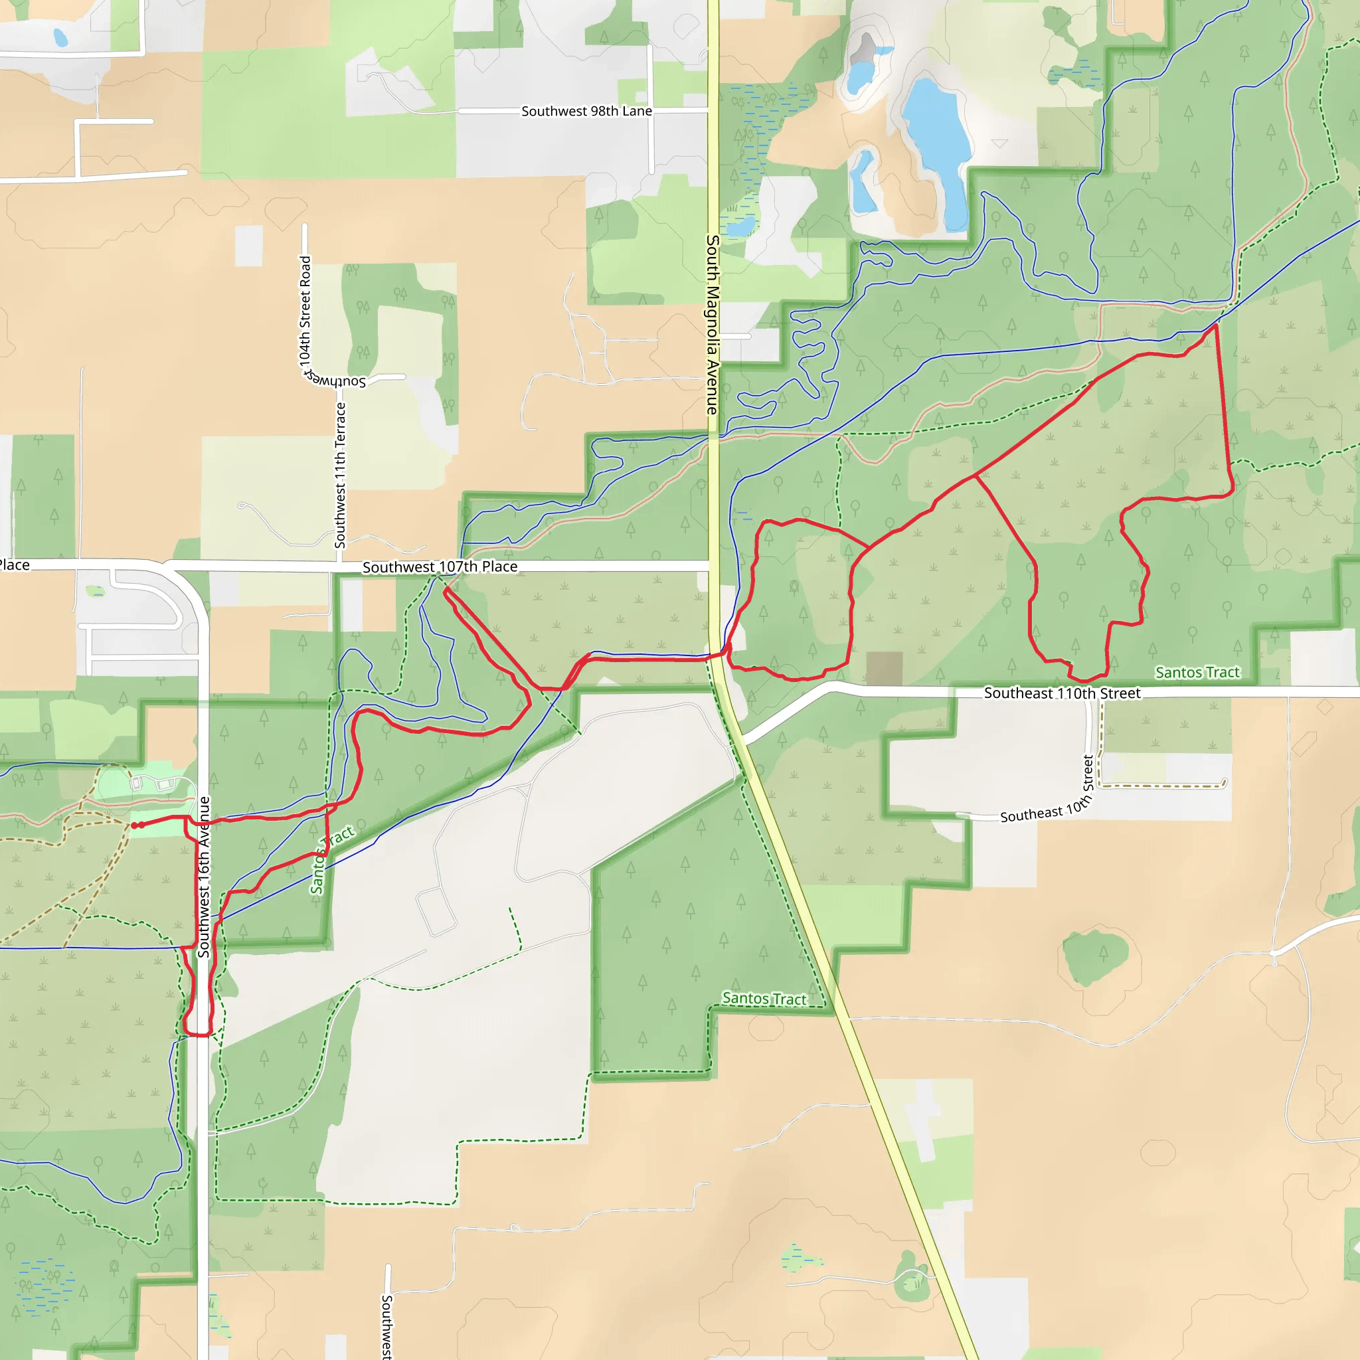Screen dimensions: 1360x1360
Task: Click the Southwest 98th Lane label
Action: coord(586,111)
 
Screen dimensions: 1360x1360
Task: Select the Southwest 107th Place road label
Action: coord(440,566)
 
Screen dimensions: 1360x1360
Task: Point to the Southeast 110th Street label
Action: coord(1062,693)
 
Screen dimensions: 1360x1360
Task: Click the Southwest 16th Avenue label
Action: coord(204,877)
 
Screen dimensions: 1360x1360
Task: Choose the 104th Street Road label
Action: coord(305,309)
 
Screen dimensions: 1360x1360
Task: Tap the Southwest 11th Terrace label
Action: coord(341,475)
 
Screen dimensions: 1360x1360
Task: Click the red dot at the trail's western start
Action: coord(133,825)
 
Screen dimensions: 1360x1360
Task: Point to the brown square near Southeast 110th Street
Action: coord(884,667)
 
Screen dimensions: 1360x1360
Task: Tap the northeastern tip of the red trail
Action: coord(1216,325)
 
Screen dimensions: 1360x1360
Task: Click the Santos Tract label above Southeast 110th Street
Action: coord(1197,672)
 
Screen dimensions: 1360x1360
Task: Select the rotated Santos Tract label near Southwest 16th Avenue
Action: coord(331,860)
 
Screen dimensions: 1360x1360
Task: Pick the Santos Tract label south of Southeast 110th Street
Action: coord(764,998)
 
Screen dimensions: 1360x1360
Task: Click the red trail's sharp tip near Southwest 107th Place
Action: coord(446,590)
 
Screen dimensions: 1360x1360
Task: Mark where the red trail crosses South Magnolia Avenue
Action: coord(717,655)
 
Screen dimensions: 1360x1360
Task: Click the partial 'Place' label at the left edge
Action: coord(14,564)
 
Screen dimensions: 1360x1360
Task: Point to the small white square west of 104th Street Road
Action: coord(248,246)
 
